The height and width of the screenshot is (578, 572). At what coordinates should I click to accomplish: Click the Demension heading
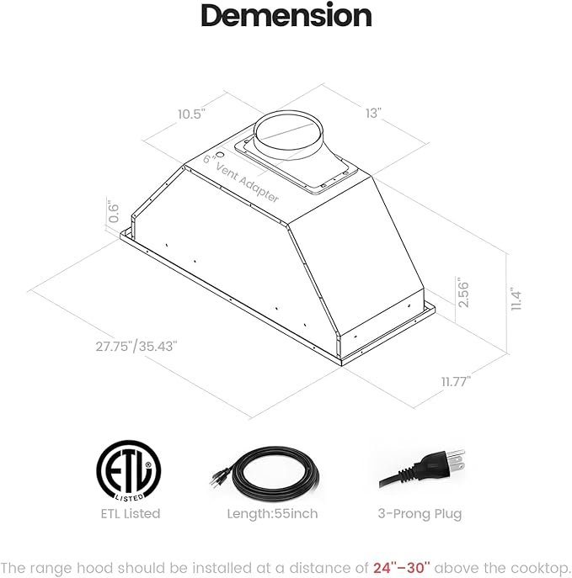pyautogui.click(x=286, y=15)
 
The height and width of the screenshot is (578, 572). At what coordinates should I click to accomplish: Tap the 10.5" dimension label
pyautogui.click(x=191, y=114)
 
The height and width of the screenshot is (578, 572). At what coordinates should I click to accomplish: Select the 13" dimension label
pyautogui.click(x=373, y=113)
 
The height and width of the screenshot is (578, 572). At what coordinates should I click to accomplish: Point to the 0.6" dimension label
pyautogui.click(x=113, y=213)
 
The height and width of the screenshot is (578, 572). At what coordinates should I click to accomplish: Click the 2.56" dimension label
pyautogui.click(x=462, y=294)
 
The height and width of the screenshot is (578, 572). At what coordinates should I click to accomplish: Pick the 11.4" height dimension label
pyautogui.click(x=516, y=300)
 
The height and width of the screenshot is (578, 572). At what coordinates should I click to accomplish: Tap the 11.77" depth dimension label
pyautogui.click(x=456, y=381)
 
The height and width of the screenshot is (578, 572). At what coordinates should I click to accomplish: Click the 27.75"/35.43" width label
pyautogui.click(x=136, y=347)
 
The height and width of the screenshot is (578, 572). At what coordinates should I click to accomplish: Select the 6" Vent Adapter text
pyautogui.click(x=241, y=178)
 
